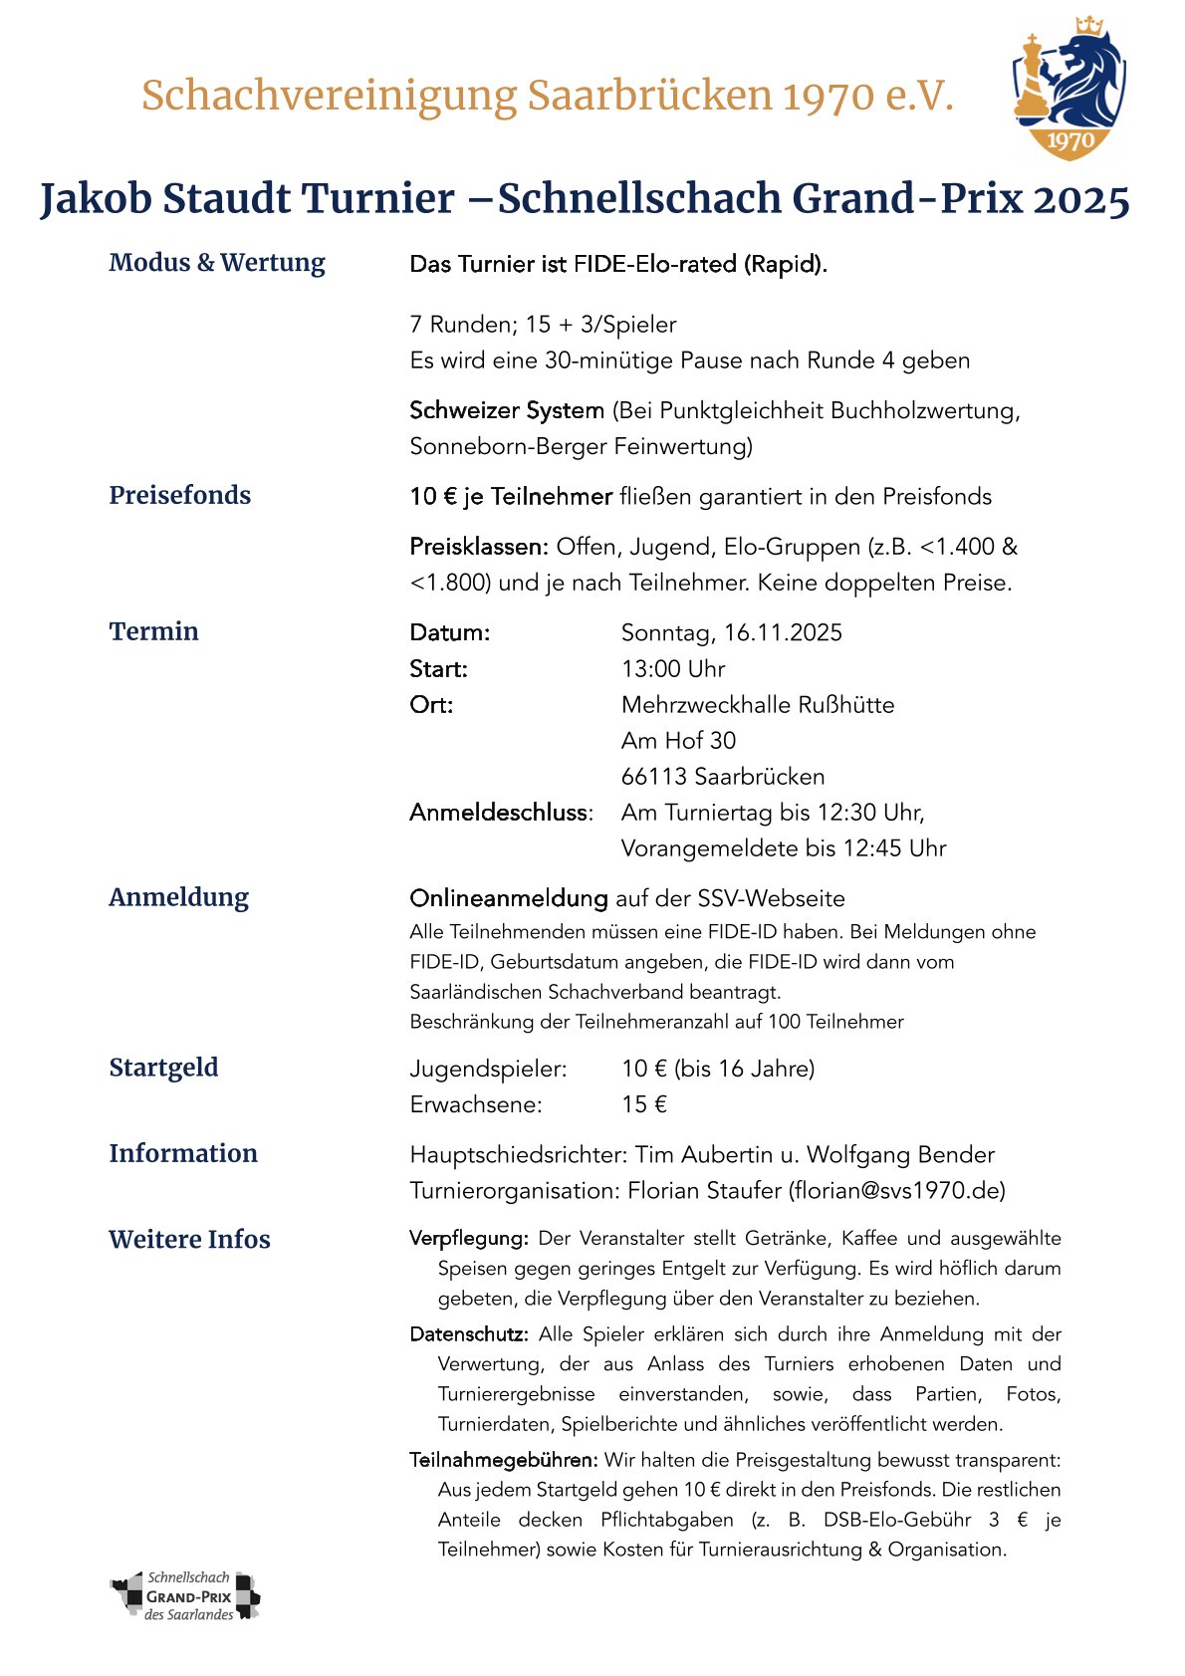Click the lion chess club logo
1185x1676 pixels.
(1068, 90)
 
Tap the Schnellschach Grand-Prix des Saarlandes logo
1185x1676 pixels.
(185, 1596)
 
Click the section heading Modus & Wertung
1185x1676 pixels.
(217, 263)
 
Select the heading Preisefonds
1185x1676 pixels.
(180, 495)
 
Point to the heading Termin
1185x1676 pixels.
(154, 631)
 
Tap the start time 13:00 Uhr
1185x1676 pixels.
(673, 669)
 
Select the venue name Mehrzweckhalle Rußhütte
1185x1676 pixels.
(758, 705)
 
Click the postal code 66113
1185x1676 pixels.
(653, 777)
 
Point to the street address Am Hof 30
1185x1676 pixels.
(678, 741)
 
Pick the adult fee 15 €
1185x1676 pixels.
(644, 1104)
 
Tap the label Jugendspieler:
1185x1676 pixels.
(488, 1070)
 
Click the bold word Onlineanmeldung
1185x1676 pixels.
(509, 898)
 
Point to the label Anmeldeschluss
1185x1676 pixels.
(500, 813)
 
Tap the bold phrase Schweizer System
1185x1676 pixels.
(507, 410)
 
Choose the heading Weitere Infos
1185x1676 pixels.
(189, 1240)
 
